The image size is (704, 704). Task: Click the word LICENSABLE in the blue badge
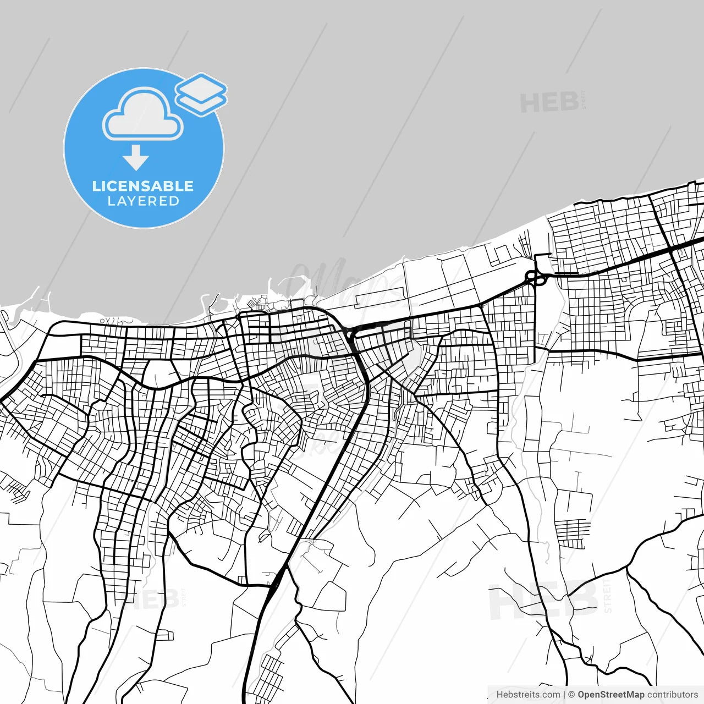coord(143,186)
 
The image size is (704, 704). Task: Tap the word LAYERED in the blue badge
coord(143,201)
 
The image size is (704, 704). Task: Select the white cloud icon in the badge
coord(143,116)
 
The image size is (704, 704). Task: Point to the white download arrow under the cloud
coord(136,157)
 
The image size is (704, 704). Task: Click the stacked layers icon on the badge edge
coord(201,94)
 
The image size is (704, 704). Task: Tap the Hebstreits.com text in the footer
coord(528,695)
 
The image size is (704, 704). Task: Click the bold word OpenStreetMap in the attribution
coord(610,695)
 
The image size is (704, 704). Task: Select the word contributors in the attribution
coord(672,695)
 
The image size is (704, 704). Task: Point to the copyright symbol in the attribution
coord(571,695)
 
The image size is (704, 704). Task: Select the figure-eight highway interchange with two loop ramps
coord(536,278)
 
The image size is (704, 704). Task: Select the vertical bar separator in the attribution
coord(564,695)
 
